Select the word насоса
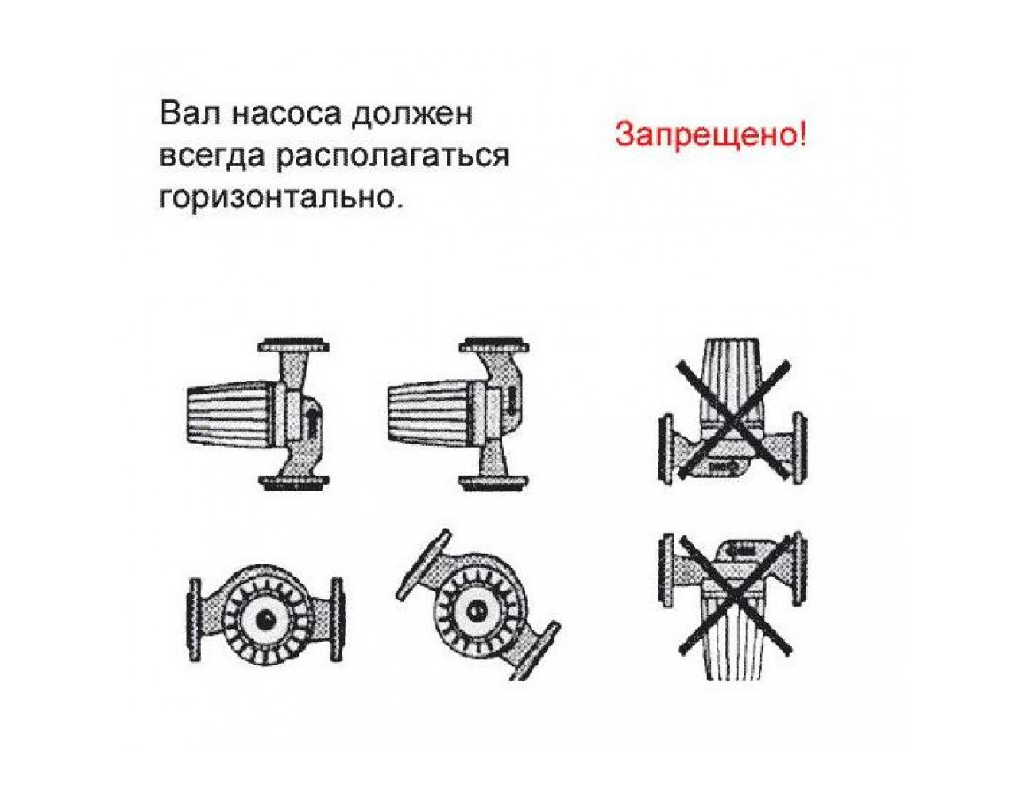(x=287, y=114)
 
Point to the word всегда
(x=211, y=156)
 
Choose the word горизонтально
(x=277, y=198)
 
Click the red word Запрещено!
(x=710, y=134)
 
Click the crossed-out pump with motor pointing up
(x=732, y=413)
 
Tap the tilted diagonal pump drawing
(x=477, y=604)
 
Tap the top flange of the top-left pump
(x=293, y=347)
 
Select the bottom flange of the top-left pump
(x=293, y=480)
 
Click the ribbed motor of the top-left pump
(x=230, y=413)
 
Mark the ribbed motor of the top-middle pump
(x=433, y=413)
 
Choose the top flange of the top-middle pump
(x=494, y=347)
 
